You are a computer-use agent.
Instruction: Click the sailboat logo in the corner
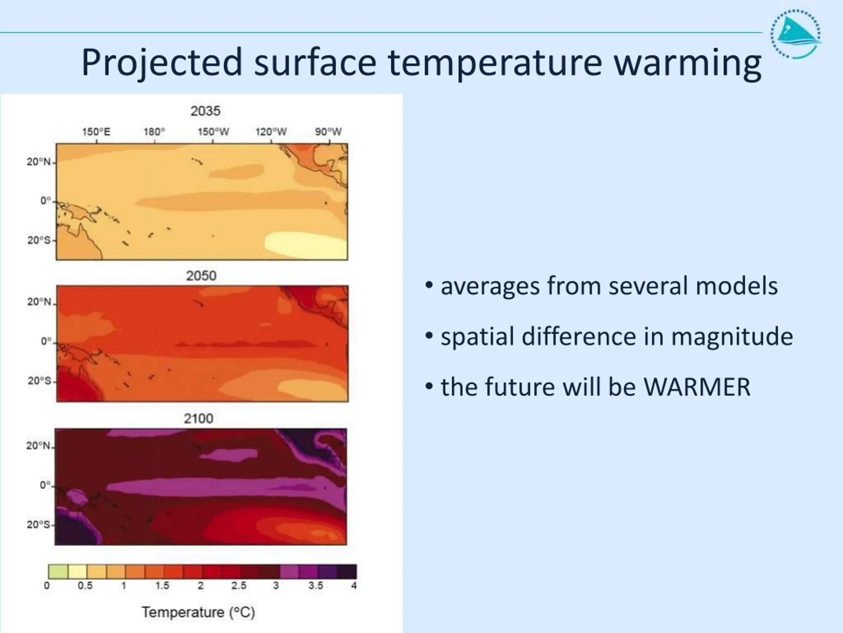[x=796, y=34]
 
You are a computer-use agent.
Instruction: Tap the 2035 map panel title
[x=205, y=111]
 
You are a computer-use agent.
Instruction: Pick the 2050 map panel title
[x=201, y=276]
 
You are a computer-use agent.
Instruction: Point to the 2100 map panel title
[x=199, y=419]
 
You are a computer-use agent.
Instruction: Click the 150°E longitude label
[x=96, y=132]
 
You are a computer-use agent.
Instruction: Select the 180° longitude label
[x=154, y=132]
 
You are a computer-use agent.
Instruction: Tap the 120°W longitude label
[x=271, y=132]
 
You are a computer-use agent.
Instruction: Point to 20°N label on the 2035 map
[x=39, y=162]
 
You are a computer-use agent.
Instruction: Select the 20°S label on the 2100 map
[x=39, y=525]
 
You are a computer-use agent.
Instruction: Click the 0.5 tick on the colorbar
[x=85, y=586]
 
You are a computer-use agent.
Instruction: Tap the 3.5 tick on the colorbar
[x=315, y=586]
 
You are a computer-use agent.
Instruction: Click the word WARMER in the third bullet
[x=697, y=387]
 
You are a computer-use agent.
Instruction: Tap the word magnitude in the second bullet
[x=732, y=337]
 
